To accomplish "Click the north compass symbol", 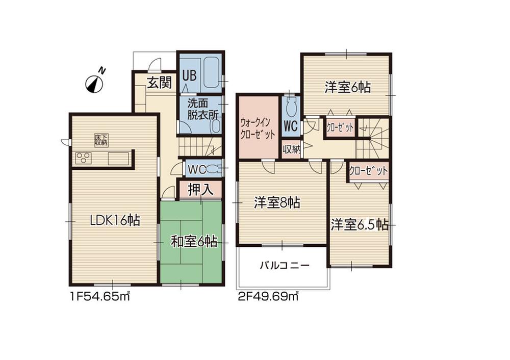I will (94, 82).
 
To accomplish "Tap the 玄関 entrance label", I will (159, 83).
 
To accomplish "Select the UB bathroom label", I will (189, 75).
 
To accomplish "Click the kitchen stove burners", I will (83, 158).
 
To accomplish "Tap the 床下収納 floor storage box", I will (101, 139).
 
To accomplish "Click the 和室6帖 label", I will (194, 242).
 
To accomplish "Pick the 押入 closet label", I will (200, 190).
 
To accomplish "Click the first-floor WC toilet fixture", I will (214, 168).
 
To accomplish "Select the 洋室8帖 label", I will (277, 203).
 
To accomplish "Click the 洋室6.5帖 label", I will (360, 225).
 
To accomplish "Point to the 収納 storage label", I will (291, 149).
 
